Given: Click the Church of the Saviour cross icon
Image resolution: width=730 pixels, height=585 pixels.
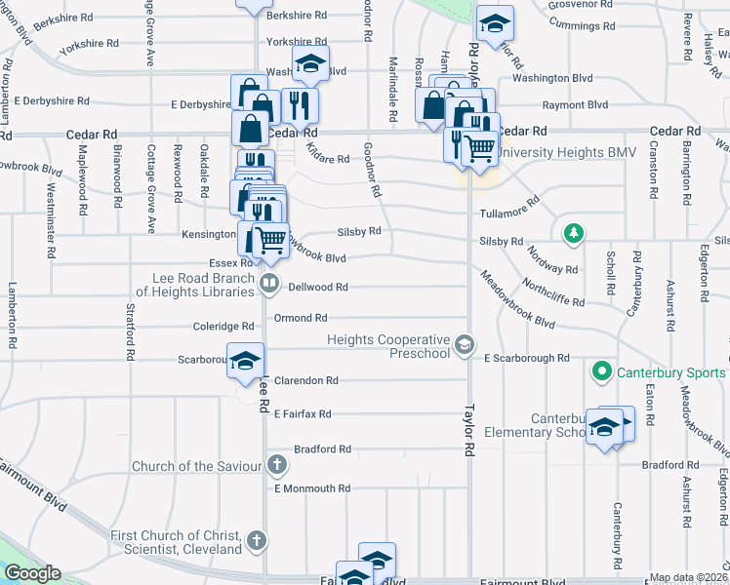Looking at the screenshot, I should [276, 465].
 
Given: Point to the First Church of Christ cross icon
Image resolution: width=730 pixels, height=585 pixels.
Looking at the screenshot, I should [256, 539].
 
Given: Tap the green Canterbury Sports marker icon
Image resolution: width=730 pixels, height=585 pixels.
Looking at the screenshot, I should [601, 372].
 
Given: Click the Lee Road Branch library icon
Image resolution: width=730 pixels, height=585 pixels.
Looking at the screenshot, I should [270, 284].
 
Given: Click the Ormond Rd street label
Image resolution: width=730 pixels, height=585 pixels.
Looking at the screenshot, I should [300, 318].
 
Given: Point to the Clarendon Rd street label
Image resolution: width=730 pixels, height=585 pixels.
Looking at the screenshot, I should [305, 380].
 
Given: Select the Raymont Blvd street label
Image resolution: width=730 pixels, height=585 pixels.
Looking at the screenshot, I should [575, 105].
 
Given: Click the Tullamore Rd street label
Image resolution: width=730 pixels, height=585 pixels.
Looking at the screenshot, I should [509, 211].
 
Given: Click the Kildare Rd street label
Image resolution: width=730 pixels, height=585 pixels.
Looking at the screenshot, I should [327, 158].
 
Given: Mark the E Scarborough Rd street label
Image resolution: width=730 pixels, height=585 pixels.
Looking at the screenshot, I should [526, 359].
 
